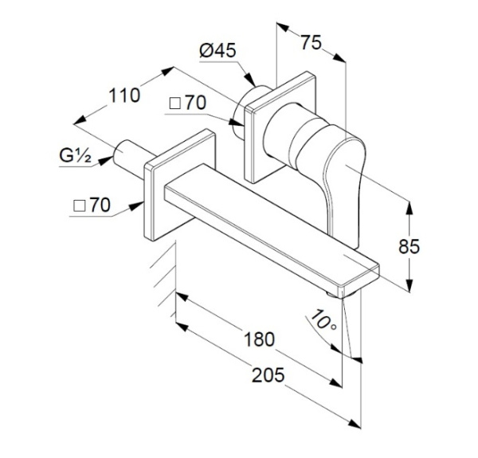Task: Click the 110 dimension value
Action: pos(124,96)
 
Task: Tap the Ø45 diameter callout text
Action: pos(217,50)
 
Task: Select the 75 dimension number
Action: pos(311,42)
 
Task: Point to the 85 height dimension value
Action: pos(409,246)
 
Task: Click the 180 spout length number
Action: pos(260,339)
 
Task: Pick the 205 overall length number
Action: pos(268,375)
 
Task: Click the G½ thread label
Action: pos(75,155)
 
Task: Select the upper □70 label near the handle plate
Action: pos(188,103)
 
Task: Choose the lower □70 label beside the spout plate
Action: pos(92,205)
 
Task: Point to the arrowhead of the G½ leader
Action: pos(104,161)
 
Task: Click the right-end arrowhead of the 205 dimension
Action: pos(355,424)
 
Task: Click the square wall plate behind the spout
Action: pos(179,185)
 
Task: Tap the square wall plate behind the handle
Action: pos(280,127)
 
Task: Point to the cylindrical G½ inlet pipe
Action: pos(128,159)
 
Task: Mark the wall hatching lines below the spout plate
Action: pos(163,280)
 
